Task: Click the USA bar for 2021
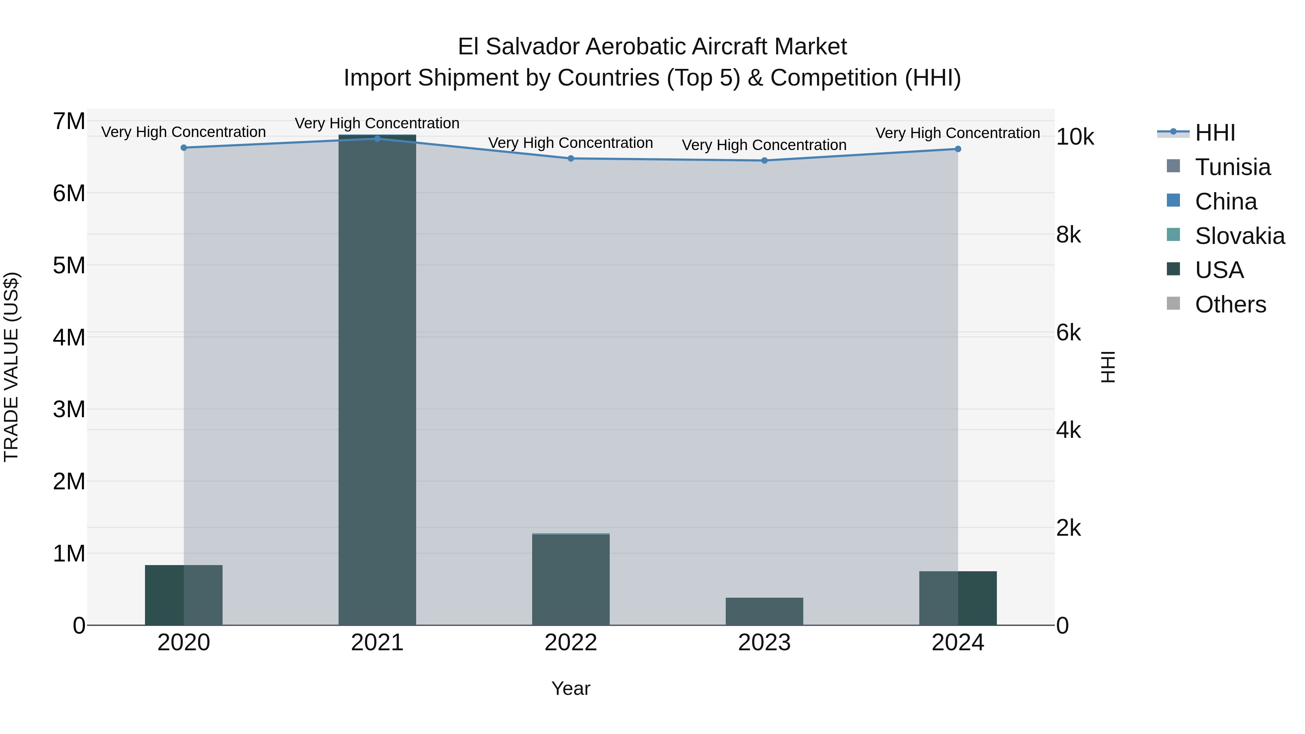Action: (377, 380)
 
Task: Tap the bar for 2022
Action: (571, 580)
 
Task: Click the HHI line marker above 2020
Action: (184, 148)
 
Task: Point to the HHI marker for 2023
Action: (765, 161)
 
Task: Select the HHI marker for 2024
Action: (957, 149)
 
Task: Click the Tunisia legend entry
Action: (1232, 167)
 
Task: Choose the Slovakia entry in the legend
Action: (1239, 236)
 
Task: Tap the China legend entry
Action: (1226, 202)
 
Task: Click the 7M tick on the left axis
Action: (69, 121)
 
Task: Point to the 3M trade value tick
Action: (69, 409)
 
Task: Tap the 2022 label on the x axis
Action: (571, 643)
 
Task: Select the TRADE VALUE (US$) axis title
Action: (11, 367)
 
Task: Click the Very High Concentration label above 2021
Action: (377, 123)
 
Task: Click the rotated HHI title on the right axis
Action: (1109, 367)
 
